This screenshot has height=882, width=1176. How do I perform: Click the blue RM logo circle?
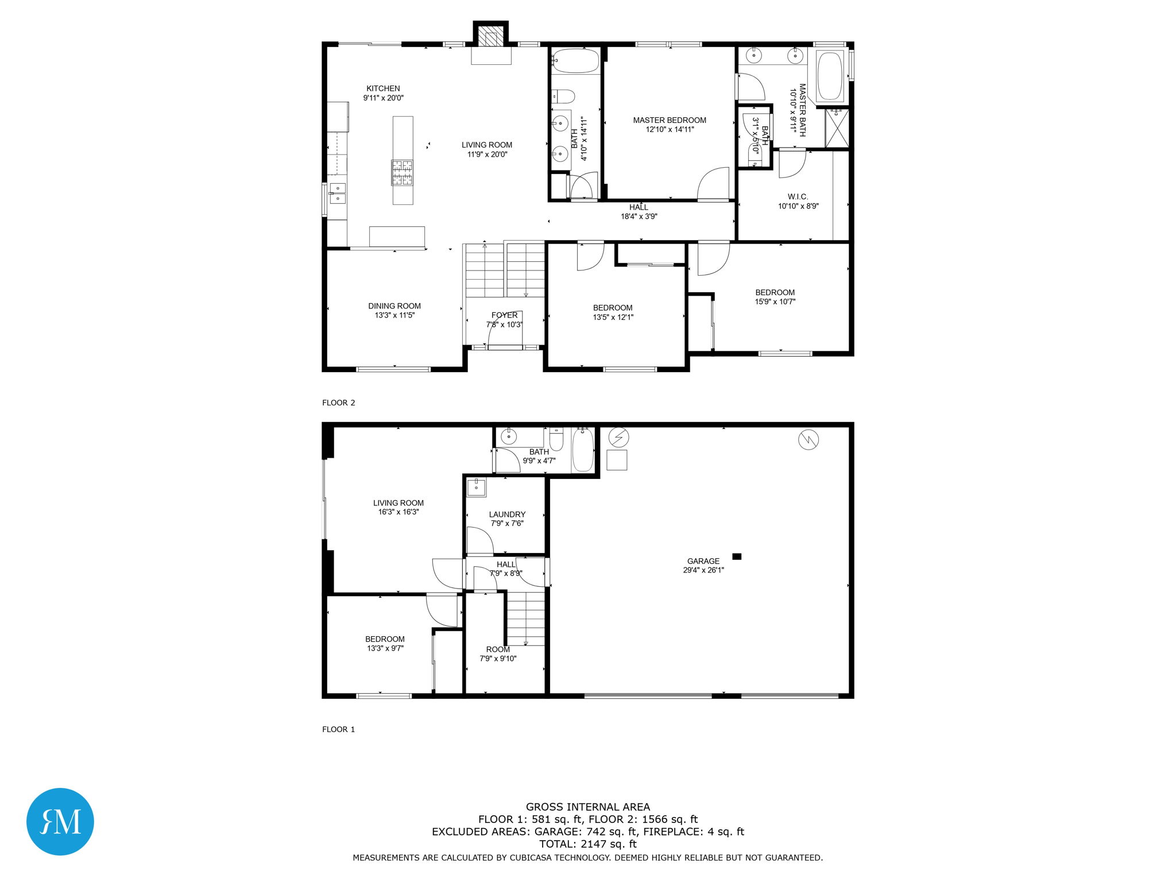click(60, 822)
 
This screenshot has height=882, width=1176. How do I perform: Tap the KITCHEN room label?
click(383, 88)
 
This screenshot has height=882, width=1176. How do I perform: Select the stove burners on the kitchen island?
click(402, 173)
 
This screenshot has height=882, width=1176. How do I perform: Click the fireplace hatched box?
click(490, 36)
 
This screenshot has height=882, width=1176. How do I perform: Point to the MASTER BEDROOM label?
click(670, 120)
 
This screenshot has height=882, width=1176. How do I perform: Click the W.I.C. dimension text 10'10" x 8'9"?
click(798, 206)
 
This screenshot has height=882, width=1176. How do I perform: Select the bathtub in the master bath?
click(829, 76)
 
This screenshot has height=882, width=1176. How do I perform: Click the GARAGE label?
click(703, 561)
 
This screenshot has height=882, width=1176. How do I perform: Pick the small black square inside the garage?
click(737, 556)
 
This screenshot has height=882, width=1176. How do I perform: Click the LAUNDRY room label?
click(507, 514)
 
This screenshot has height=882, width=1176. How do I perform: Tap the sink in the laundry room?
click(476, 488)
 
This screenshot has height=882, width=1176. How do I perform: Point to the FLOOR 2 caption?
click(338, 403)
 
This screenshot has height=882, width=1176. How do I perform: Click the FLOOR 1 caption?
click(338, 729)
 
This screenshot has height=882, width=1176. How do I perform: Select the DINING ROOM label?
click(394, 306)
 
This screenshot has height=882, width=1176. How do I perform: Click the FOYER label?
click(504, 315)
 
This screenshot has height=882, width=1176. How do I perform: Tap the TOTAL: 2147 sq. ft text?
click(587, 844)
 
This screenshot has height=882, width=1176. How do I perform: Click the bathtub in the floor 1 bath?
click(583, 451)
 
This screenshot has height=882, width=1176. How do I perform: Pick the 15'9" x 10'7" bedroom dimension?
click(775, 301)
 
